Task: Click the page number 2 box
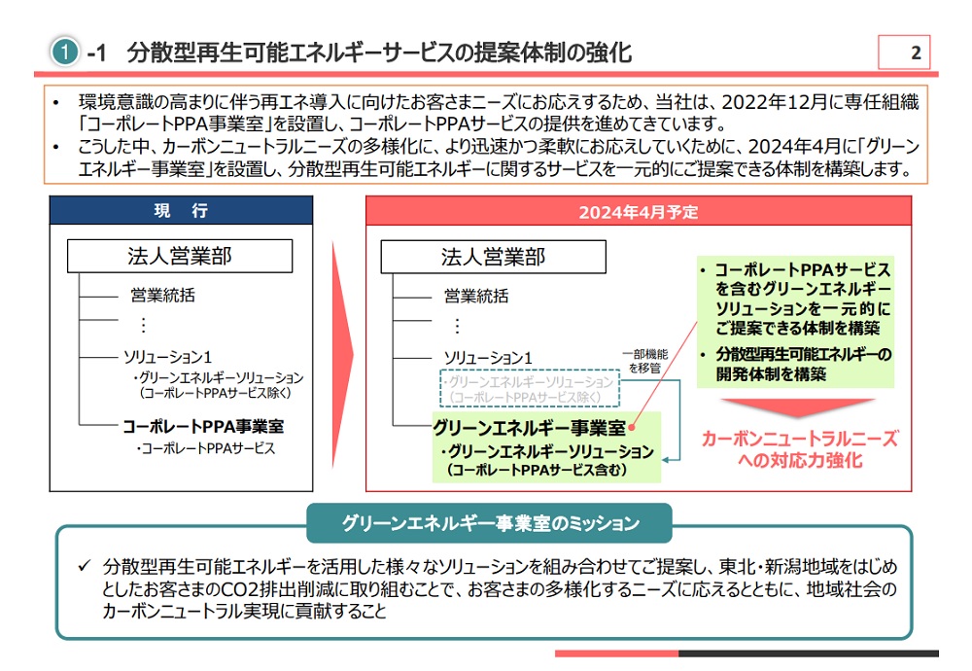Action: (904, 53)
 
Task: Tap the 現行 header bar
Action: (182, 211)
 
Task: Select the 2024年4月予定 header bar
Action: (638, 211)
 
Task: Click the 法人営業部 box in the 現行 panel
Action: (180, 257)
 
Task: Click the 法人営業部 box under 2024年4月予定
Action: (493, 257)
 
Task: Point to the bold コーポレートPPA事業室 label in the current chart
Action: (203, 426)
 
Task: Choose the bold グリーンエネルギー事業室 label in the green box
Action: (529, 427)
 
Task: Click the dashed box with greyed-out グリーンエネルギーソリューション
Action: (531, 388)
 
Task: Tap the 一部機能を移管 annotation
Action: (646, 361)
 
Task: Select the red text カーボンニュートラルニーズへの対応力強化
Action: (799, 448)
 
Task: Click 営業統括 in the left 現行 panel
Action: (162, 296)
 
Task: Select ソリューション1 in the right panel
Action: (489, 358)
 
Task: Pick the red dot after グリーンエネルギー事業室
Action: (632, 428)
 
